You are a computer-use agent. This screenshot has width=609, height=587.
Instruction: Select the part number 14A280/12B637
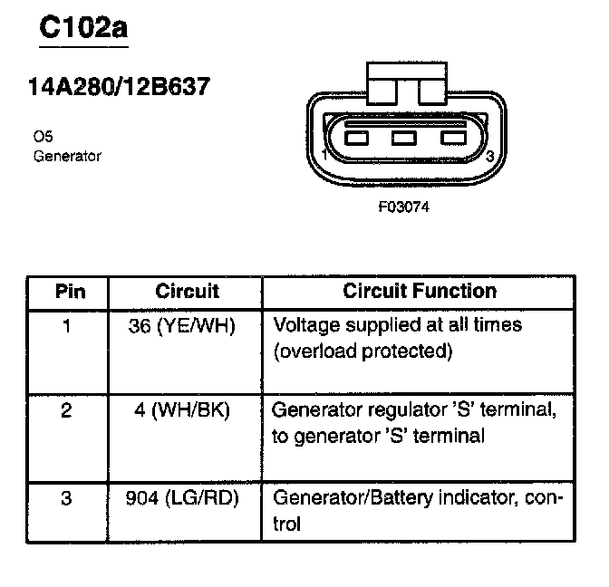(x=121, y=87)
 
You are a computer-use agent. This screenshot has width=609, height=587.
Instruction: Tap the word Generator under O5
(x=67, y=156)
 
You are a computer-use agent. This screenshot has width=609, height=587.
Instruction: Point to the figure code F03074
(x=403, y=206)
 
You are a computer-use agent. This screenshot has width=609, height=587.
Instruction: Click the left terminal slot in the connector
(x=356, y=139)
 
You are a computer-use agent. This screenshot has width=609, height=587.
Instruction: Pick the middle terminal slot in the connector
(x=403, y=139)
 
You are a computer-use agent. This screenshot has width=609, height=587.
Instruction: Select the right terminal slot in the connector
(x=451, y=139)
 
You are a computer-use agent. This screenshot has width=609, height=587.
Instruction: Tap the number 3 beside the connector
(x=489, y=157)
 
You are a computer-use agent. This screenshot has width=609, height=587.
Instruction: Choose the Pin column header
(x=69, y=292)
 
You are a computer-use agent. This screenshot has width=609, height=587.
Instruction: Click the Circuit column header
(x=188, y=292)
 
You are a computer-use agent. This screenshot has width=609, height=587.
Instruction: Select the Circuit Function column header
(x=420, y=292)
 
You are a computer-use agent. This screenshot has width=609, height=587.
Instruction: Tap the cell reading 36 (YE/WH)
(x=183, y=324)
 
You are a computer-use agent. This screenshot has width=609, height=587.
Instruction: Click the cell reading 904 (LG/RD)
(x=184, y=497)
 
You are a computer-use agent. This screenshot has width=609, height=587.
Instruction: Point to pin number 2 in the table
(x=66, y=410)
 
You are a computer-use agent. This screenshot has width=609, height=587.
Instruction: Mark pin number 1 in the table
(x=66, y=324)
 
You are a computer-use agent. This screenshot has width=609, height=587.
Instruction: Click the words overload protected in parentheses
(x=362, y=350)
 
